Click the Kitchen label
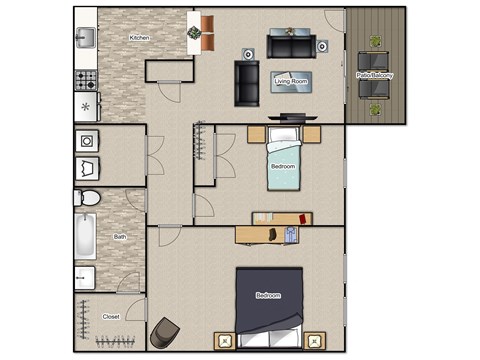tap(139, 38)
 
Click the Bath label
tap(120, 237)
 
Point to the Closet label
tap(112, 316)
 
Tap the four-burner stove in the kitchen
tap(85, 77)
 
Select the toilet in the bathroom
tap(86, 198)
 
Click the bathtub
tap(84, 238)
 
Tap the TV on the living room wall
tap(291, 117)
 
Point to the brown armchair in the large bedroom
tap(164, 332)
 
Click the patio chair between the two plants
tap(376, 86)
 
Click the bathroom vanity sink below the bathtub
tap(85, 276)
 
